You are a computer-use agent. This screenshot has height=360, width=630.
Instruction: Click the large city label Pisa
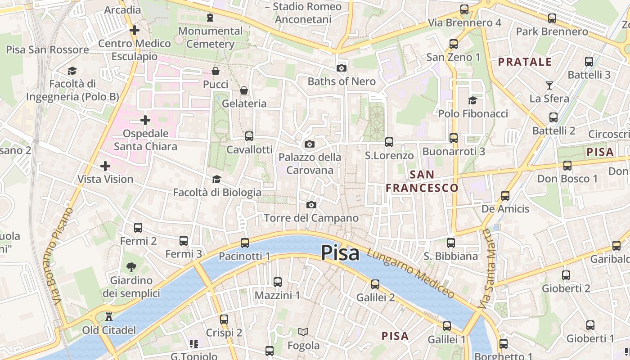click(x=340, y=253)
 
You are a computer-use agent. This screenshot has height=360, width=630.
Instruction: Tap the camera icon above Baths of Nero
click(x=342, y=68)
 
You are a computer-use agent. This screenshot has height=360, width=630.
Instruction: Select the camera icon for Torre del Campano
click(x=311, y=205)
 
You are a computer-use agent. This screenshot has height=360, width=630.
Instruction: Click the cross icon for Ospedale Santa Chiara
click(x=145, y=120)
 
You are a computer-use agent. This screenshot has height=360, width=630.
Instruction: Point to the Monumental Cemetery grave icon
click(x=210, y=18)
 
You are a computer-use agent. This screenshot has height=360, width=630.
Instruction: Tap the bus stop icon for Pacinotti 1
click(x=244, y=243)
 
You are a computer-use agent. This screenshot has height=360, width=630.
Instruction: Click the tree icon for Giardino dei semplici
click(x=131, y=267)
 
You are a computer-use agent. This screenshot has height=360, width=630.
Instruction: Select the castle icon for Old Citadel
click(x=108, y=317)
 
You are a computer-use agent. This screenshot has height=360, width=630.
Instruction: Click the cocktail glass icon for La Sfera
click(x=549, y=85)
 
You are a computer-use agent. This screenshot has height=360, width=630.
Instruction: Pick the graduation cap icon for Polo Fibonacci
click(x=472, y=100)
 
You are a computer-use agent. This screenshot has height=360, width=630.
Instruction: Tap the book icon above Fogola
click(x=303, y=332)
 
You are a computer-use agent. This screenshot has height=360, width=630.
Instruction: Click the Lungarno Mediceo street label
click(x=410, y=273)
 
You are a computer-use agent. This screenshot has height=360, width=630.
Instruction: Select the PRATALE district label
click(x=525, y=62)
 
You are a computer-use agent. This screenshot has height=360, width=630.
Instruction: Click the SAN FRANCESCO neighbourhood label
click(x=422, y=181)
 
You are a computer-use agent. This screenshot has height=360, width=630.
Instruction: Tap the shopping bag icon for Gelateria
click(x=244, y=90)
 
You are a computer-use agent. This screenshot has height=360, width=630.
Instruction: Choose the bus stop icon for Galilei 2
click(x=375, y=284)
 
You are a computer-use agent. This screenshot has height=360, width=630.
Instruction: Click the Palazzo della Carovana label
click(x=310, y=164)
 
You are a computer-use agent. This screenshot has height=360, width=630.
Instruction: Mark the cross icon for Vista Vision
click(x=105, y=166)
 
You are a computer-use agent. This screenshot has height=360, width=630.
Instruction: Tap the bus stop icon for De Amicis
click(x=505, y=196)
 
